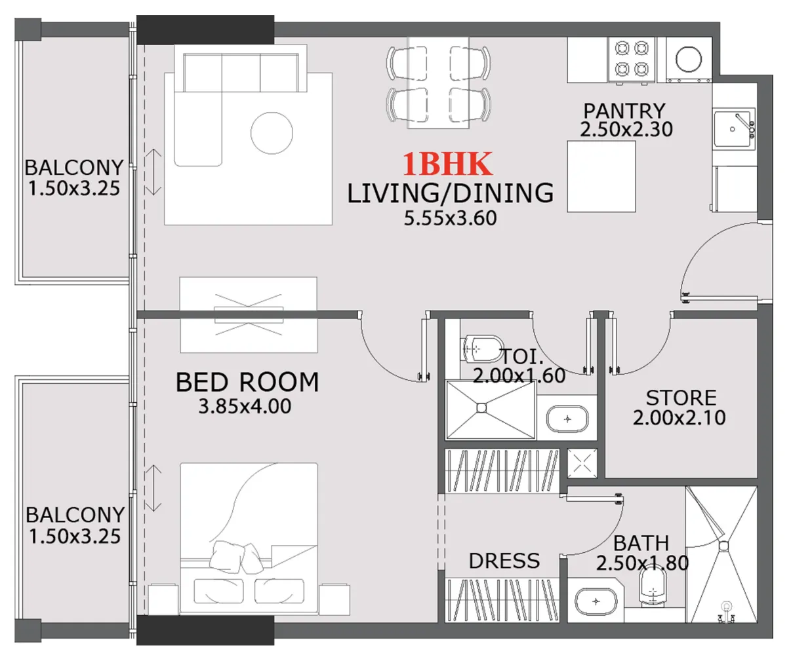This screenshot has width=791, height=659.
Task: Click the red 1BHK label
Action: coord(447,164)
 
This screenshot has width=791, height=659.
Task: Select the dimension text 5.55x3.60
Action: coord(450,218)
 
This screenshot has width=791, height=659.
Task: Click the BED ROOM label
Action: coord(247,382)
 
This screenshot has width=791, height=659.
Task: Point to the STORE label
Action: coord(681,398)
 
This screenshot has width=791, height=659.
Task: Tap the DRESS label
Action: coord(504,561)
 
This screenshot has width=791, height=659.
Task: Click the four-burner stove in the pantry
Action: coord(631,58)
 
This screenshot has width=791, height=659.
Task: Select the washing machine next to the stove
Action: coord(689,59)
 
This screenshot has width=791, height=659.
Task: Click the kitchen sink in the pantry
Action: coord(733,129)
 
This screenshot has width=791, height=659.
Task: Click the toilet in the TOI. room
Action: coord(482,348)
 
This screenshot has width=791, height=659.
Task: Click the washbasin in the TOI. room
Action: coord(567,419)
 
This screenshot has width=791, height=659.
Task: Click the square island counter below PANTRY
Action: coord(601,176)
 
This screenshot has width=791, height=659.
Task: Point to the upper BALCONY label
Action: coord(73,168)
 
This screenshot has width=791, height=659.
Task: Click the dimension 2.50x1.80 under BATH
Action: coord(642,563)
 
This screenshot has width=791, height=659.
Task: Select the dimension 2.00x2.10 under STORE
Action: coord(679,417)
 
